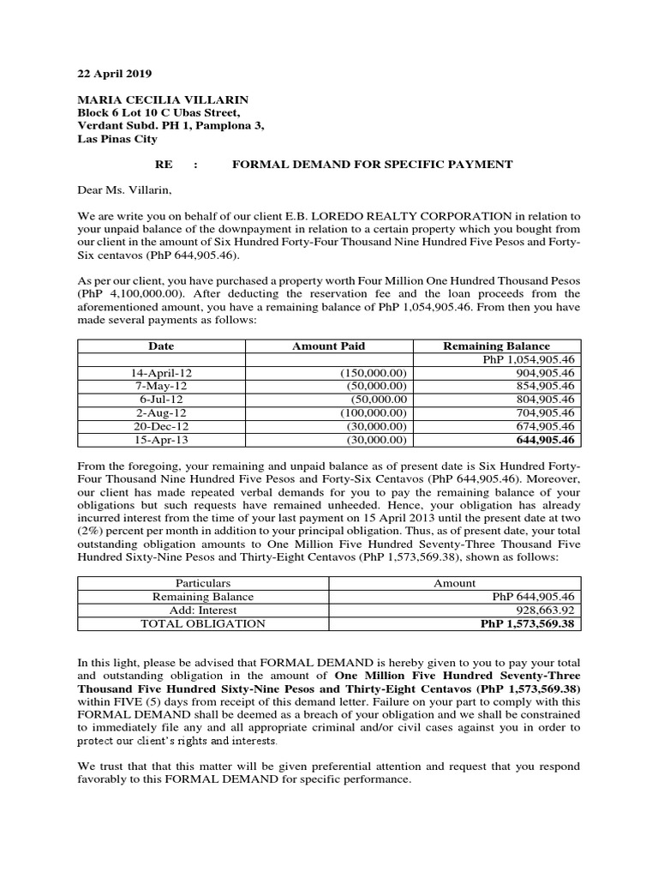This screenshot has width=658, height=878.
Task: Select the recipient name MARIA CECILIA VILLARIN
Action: pos(156,99)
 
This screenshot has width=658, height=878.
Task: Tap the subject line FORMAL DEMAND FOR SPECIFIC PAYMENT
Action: pos(373,164)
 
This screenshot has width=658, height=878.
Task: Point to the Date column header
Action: pos(161,346)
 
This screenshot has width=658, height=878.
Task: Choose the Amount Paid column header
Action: pos(328,346)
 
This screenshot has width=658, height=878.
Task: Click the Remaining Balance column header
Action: pos(496,346)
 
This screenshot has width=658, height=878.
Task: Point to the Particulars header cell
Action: pos(203,583)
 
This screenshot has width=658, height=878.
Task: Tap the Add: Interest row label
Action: pos(203,610)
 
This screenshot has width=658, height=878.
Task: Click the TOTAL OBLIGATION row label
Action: pos(203,623)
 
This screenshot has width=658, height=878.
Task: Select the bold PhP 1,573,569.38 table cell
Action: pos(530,623)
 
